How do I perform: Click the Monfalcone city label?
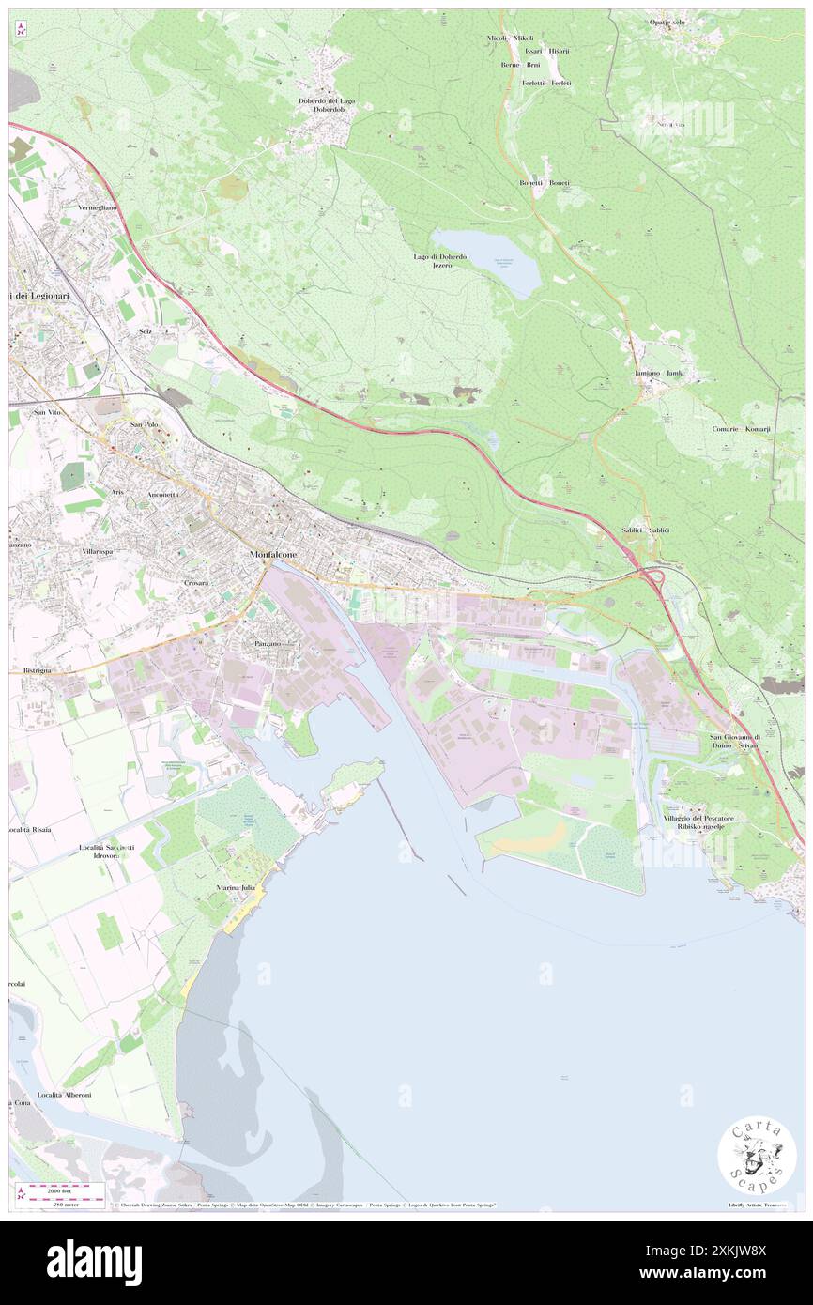(273, 555)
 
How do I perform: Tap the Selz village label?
(145, 331)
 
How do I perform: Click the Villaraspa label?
(98, 552)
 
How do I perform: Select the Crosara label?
(195, 583)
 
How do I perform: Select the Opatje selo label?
(667, 22)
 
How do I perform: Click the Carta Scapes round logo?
(757, 1157)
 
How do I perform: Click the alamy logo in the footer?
(94, 1263)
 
